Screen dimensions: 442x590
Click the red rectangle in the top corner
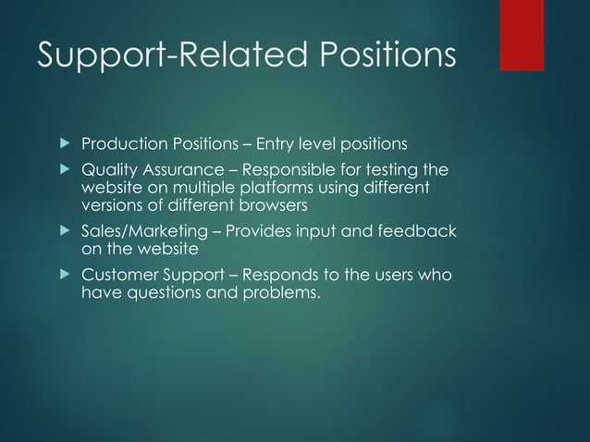click(x=534, y=35)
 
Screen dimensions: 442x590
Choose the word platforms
click(x=232, y=188)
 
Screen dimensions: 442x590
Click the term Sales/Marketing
click(x=145, y=231)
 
